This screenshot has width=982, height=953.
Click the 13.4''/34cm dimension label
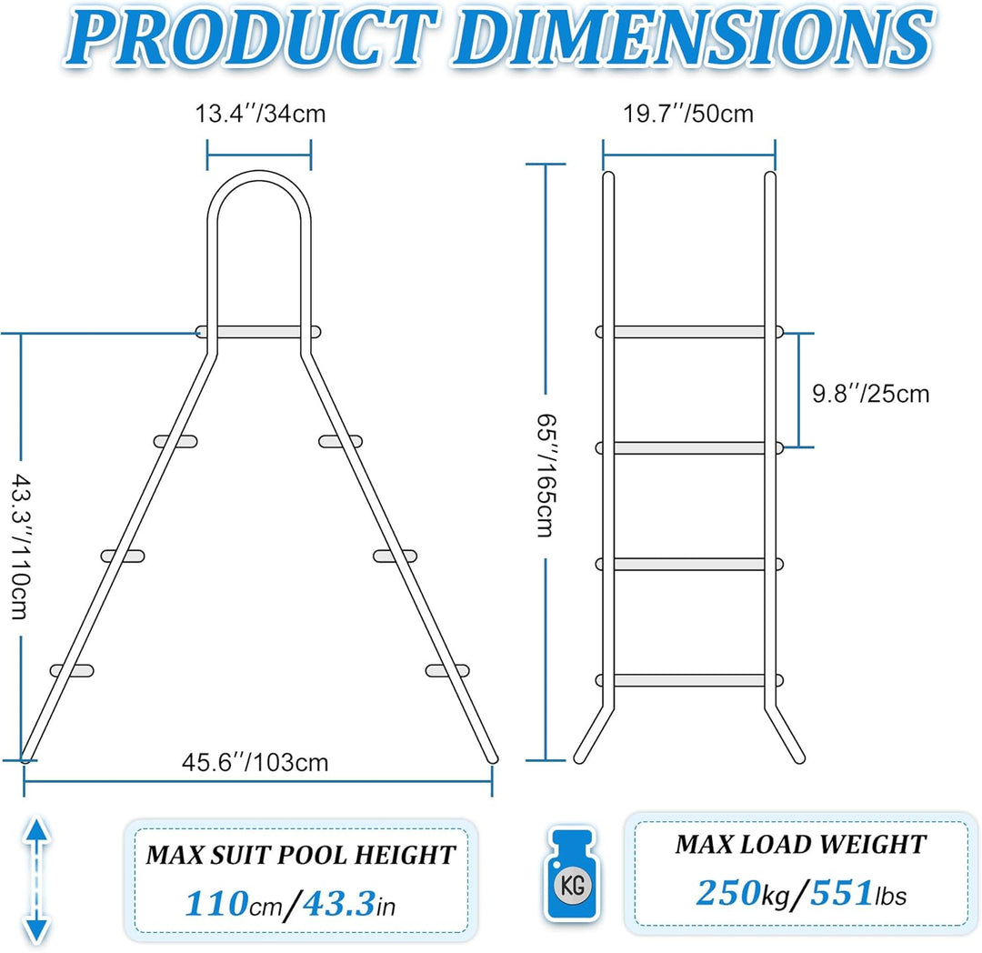point(260,114)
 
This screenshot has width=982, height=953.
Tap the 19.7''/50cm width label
point(687,114)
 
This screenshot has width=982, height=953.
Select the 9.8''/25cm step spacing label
point(870,394)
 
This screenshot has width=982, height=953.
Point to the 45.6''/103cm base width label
point(255,763)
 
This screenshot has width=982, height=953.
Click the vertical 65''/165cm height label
point(546,476)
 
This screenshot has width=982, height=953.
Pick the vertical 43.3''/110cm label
point(20,547)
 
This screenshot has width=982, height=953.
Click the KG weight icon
point(572,874)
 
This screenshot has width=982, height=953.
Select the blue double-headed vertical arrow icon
point(37,879)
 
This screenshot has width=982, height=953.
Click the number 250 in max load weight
point(728,892)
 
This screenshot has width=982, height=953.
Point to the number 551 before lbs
point(841,892)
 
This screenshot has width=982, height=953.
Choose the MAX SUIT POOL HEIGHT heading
point(301,855)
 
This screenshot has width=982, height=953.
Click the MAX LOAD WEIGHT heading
point(800,844)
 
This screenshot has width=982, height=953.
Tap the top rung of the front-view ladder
point(689,332)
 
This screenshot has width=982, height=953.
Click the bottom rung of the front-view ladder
point(689,680)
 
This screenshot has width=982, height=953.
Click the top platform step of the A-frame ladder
point(258,332)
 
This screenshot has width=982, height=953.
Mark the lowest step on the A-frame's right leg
point(447,670)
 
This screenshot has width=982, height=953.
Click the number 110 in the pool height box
point(216,904)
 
